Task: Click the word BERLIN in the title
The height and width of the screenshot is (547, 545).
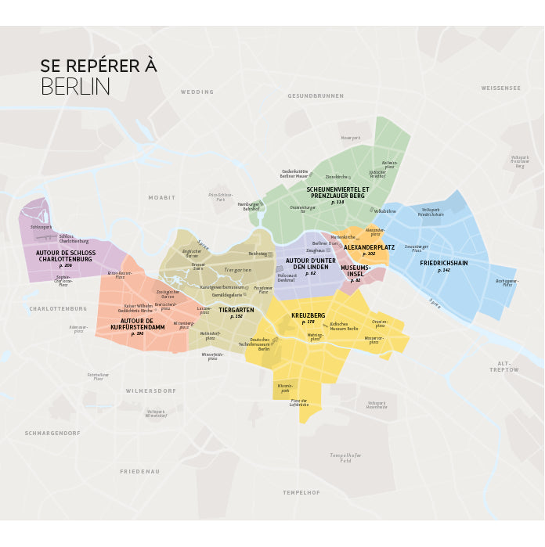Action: point(75,86)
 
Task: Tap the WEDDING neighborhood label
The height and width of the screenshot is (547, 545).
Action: point(197,92)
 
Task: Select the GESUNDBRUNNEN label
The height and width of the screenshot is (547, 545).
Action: point(316,95)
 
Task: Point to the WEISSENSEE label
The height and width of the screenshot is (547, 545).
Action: point(500,88)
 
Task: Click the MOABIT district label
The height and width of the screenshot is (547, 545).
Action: point(162,198)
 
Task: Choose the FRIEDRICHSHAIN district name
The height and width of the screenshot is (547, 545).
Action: point(444,263)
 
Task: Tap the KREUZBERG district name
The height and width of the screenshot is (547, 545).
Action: point(308,315)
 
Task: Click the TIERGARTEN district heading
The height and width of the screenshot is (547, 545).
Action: point(236,310)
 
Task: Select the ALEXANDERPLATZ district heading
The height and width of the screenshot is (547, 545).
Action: point(369,247)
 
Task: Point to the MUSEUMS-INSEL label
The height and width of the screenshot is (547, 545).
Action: point(356,271)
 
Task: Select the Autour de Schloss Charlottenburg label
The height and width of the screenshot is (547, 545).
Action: point(66,256)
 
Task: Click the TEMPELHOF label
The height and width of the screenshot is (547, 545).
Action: point(301,492)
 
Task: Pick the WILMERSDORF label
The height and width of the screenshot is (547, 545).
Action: point(151,390)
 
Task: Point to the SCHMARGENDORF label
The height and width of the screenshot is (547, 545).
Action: point(52,433)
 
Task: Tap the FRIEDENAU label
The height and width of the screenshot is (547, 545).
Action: point(139,471)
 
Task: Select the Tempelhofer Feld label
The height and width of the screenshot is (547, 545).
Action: point(345,458)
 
